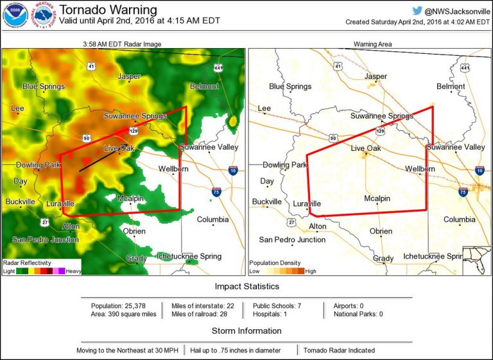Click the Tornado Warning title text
[x=108, y=10]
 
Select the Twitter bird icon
[x=417, y=10]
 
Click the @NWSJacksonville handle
[x=453, y=10]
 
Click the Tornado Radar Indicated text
[x=338, y=350]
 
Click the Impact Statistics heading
[x=246, y=286]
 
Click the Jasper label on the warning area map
[x=376, y=76]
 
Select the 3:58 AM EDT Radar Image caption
[x=123, y=44]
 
